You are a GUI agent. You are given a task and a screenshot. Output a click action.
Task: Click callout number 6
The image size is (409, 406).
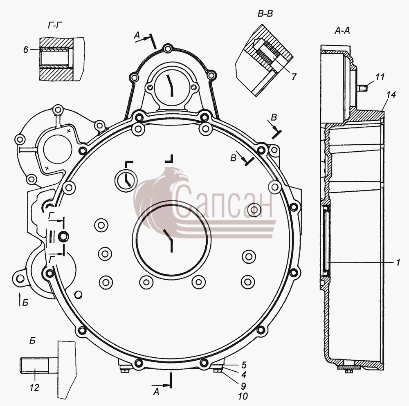pos(25,49)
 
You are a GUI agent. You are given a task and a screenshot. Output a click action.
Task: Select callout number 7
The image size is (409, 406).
pos(294,77)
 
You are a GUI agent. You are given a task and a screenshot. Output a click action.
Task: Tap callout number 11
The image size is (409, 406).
pos(380,77)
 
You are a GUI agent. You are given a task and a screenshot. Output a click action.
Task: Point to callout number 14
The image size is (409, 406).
pos(391,95)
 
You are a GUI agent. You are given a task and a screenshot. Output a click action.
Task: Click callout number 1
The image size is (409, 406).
pos(398,262)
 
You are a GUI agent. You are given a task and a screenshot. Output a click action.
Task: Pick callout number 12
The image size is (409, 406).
pos(34,388)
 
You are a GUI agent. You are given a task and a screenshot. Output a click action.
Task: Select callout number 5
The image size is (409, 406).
pos(244,365)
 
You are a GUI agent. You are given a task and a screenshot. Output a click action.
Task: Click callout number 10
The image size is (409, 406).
pos(243,396)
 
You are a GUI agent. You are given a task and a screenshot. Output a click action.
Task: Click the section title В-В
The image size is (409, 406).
pos(265,13)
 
